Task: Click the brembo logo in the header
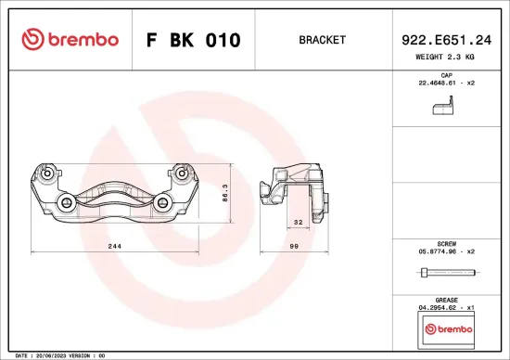70,40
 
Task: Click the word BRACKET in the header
323,41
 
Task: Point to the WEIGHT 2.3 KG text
445,57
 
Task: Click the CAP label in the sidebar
445,74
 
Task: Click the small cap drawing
444,107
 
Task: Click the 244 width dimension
114,246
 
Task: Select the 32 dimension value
299,223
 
